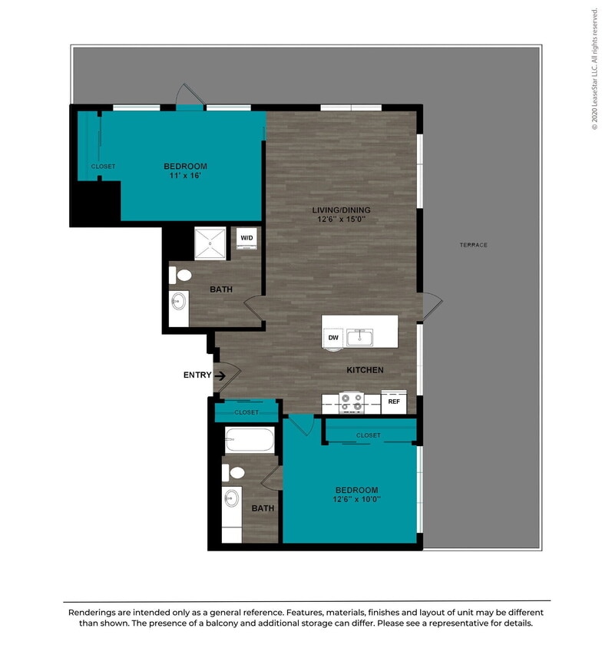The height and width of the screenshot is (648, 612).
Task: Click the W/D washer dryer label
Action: coord(246,238)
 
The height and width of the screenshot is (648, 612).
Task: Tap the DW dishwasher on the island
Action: coord(333,337)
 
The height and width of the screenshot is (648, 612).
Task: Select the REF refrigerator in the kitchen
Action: coord(393,401)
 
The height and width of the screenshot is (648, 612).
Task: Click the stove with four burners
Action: coord(352,402)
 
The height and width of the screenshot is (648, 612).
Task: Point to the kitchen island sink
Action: coord(359,337)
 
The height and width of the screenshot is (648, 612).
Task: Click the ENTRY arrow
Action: coord(220,375)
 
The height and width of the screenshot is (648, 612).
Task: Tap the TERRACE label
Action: coord(474,245)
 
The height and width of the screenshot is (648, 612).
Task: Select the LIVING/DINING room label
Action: coord(341,210)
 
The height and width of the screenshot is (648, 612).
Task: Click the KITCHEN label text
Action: coord(365,370)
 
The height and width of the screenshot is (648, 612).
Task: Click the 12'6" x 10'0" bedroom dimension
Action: coord(356,500)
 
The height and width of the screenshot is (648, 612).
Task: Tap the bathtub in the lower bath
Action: coord(250,441)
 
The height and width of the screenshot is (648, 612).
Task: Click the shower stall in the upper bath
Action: coord(210,243)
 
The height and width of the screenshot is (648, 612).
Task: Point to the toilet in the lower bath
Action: coord(236,473)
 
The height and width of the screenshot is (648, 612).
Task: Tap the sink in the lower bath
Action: coord(232,500)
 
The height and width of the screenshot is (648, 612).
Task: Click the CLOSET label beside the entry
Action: coord(246,412)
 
